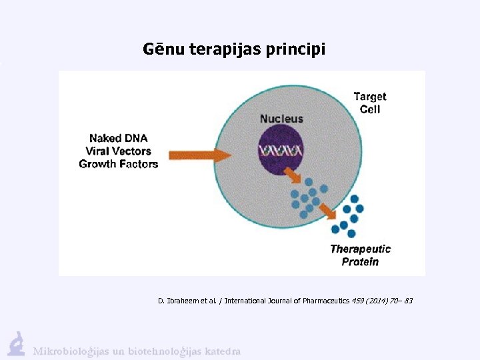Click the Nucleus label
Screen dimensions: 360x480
pyautogui.click(x=281, y=119)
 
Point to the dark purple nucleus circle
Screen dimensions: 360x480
pyautogui.click(x=281, y=160)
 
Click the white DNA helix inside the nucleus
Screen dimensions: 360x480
pyautogui.click(x=281, y=149)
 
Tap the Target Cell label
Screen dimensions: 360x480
pyautogui.click(x=369, y=103)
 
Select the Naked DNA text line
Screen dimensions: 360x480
pyautogui.click(x=115, y=139)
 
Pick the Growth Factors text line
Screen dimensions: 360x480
pyautogui.click(x=119, y=164)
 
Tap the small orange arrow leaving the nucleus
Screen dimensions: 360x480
pyautogui.click(x=291, y=175)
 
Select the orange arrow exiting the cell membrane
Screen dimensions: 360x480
pyautogui.click(x=327, y=213)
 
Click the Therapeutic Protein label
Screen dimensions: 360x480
pyautogui.click(x=361, y=255)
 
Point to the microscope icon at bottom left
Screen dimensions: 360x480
pyautogui.click(x=16, y=343)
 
